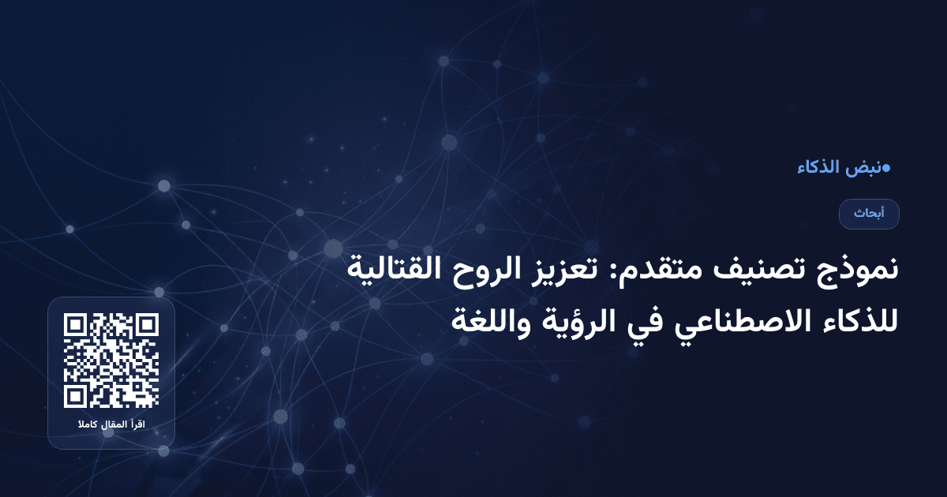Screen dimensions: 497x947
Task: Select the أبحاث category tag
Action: click(869, 214)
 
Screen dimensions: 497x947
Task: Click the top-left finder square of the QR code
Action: click(75, 324)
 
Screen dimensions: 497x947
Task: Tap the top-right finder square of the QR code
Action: click(148, 324)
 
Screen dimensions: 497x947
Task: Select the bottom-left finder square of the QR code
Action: click(75, 397)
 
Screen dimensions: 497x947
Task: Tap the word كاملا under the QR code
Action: click(86, 426)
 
